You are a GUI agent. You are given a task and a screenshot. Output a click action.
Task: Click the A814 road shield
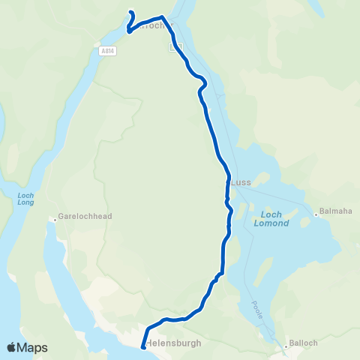106,50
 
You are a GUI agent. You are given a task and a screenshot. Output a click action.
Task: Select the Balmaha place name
335,211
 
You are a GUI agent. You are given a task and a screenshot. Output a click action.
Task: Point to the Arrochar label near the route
153,25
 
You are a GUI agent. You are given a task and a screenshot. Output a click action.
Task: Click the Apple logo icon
11,347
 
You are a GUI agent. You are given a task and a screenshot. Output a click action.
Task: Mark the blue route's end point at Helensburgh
142,346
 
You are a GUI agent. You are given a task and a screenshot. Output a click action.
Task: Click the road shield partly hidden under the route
175,46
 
